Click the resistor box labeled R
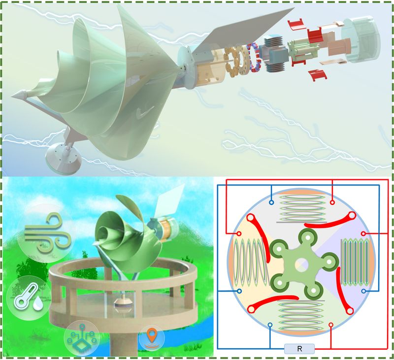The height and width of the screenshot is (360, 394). [x=299, y=349]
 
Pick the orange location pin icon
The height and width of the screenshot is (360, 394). [x=152, y=338]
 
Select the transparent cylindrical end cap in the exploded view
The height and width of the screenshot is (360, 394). [x=361, y=40]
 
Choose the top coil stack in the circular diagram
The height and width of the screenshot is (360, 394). [x=302, y=208]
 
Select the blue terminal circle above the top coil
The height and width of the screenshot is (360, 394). [x=271, y=202]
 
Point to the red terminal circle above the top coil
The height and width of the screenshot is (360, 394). [x=332, y=202]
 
